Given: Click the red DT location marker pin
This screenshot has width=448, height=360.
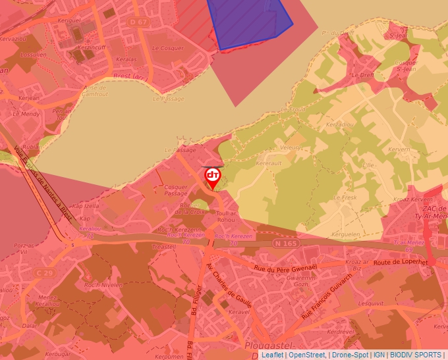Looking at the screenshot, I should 213,176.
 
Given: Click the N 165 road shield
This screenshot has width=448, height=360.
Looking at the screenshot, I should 285,244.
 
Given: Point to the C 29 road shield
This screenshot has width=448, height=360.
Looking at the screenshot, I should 44,272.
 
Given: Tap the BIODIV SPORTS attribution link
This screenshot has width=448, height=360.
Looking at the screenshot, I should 415,355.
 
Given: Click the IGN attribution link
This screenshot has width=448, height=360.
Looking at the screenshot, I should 379,355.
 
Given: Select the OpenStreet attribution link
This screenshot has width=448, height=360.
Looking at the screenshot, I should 308,355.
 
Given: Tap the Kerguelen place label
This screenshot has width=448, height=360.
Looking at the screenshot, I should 347,234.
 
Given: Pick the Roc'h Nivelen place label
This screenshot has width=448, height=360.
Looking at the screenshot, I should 103,285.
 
